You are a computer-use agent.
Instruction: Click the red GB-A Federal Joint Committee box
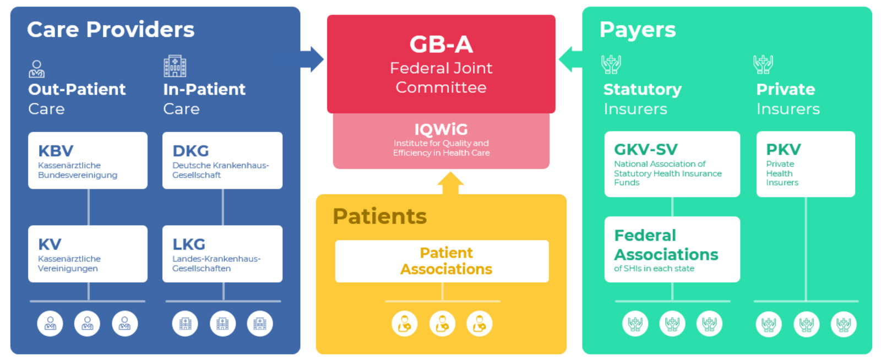click(440, 64)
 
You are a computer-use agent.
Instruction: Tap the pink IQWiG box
click(440, 141)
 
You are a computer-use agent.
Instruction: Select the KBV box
click(88, 160)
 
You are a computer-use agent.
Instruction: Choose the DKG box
click(222, 160)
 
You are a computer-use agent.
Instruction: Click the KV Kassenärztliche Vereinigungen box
click(88, 254)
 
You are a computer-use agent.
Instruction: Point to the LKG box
click(222, 254)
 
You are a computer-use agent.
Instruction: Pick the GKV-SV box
click(672, 164)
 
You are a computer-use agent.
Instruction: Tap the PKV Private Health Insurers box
click(805, 164)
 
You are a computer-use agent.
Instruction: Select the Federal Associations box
click(672, 249)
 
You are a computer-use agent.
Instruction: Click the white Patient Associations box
click(442, 261)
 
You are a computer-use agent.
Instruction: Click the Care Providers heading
click(111, 30)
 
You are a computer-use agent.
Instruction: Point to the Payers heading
click(637, 30)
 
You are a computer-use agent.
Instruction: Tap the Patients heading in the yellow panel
click(379, 216)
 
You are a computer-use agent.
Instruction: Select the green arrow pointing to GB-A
click(570, 59)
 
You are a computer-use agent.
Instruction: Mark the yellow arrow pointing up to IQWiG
click(450, 183)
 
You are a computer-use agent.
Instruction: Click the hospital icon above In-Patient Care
click(175, 66)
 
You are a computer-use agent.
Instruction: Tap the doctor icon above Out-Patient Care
click(36, 69)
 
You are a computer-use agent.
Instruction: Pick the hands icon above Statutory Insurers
click(611, 64)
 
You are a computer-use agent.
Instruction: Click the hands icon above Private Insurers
click(763, 64)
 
